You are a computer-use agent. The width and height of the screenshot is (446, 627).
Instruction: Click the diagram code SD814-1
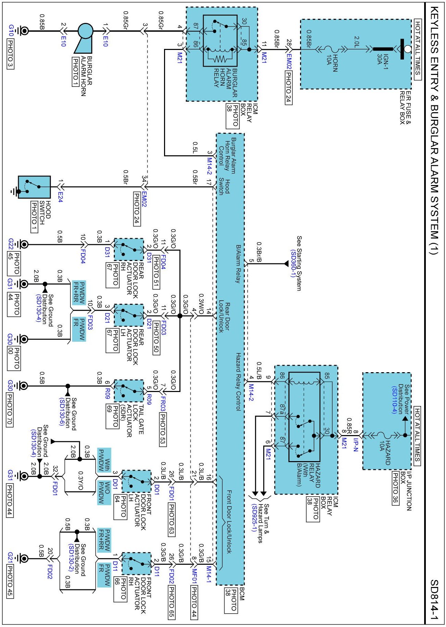point(434,600)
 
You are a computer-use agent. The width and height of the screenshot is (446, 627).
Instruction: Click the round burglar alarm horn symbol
point(85,31)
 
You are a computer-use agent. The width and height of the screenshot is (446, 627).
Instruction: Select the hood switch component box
point(34,187)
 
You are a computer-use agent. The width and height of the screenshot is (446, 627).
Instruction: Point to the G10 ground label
point(11,31)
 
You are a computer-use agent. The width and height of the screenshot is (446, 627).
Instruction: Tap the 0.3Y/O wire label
point(81,481)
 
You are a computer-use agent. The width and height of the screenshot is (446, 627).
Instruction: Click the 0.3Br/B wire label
point(259,252)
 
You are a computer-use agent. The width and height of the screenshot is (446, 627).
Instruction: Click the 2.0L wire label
point(356,41)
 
